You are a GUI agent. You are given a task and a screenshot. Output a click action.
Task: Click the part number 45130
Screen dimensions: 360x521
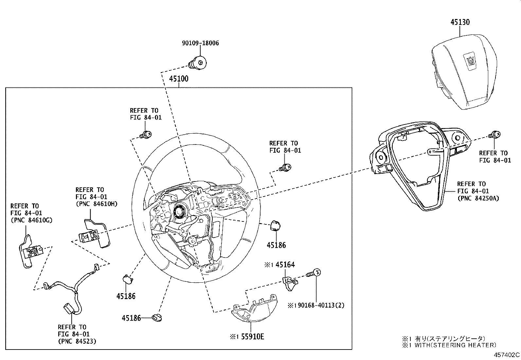tap(460, 22)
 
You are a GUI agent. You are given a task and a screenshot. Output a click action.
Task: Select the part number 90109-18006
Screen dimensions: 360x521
tap(200, 43)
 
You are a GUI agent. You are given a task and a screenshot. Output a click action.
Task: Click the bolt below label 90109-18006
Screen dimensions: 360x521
tap(197, 62)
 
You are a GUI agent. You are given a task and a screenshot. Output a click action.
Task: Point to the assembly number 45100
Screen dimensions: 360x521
tap(179, 79)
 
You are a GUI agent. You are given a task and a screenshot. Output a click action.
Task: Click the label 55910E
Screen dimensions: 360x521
tap(252, 336)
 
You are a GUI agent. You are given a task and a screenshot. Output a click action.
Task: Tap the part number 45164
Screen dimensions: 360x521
tap(285, 265)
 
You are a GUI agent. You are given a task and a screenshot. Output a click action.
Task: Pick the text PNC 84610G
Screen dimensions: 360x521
tap(31, 220)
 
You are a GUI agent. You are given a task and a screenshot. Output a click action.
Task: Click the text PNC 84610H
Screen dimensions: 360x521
tap(96, 204)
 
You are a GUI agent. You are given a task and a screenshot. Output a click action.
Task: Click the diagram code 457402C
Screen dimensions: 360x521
tap(507, 355)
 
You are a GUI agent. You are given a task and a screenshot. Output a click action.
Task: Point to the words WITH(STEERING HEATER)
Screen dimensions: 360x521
tap(455, 345)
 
